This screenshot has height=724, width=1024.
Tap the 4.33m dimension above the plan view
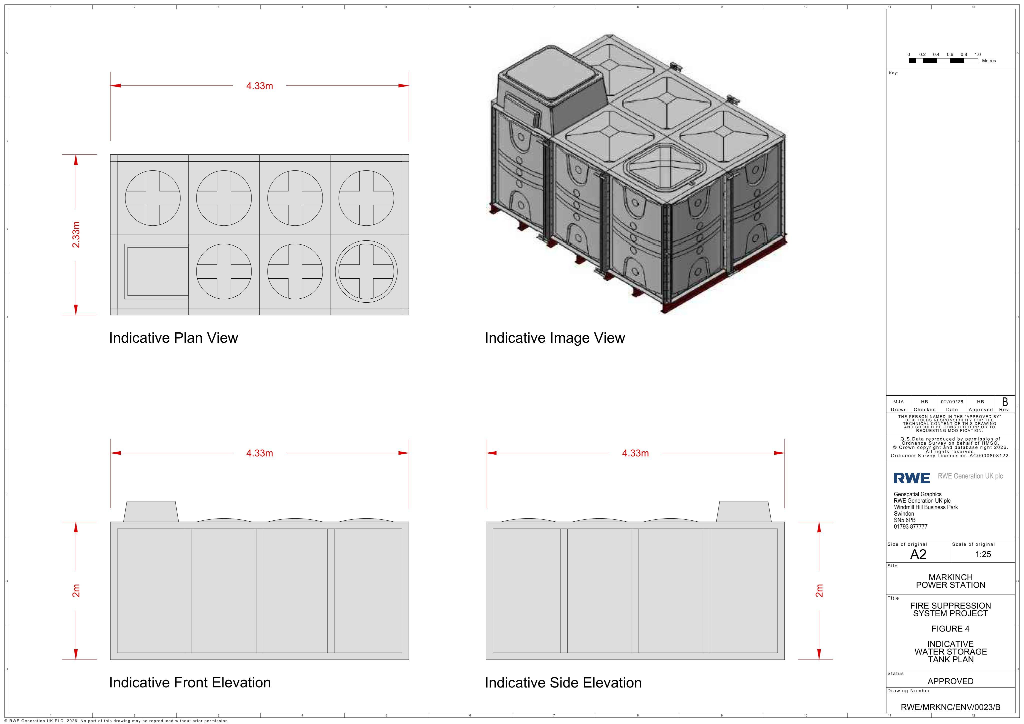coord(259,86)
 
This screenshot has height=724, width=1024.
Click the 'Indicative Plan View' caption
coord(173,338)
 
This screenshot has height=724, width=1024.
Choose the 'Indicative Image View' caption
coord(555,338)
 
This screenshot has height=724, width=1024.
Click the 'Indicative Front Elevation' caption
coord(190,683)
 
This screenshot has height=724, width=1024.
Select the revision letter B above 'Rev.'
coord(1005,402)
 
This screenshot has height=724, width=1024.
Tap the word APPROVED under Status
coord(950,681)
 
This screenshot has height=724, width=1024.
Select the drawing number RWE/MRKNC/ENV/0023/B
coord(950,707)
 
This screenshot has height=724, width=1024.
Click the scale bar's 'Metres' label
coord(989,61)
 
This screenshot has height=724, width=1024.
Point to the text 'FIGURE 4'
coord(950,629)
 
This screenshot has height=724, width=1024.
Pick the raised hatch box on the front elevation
coord(151,511)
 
